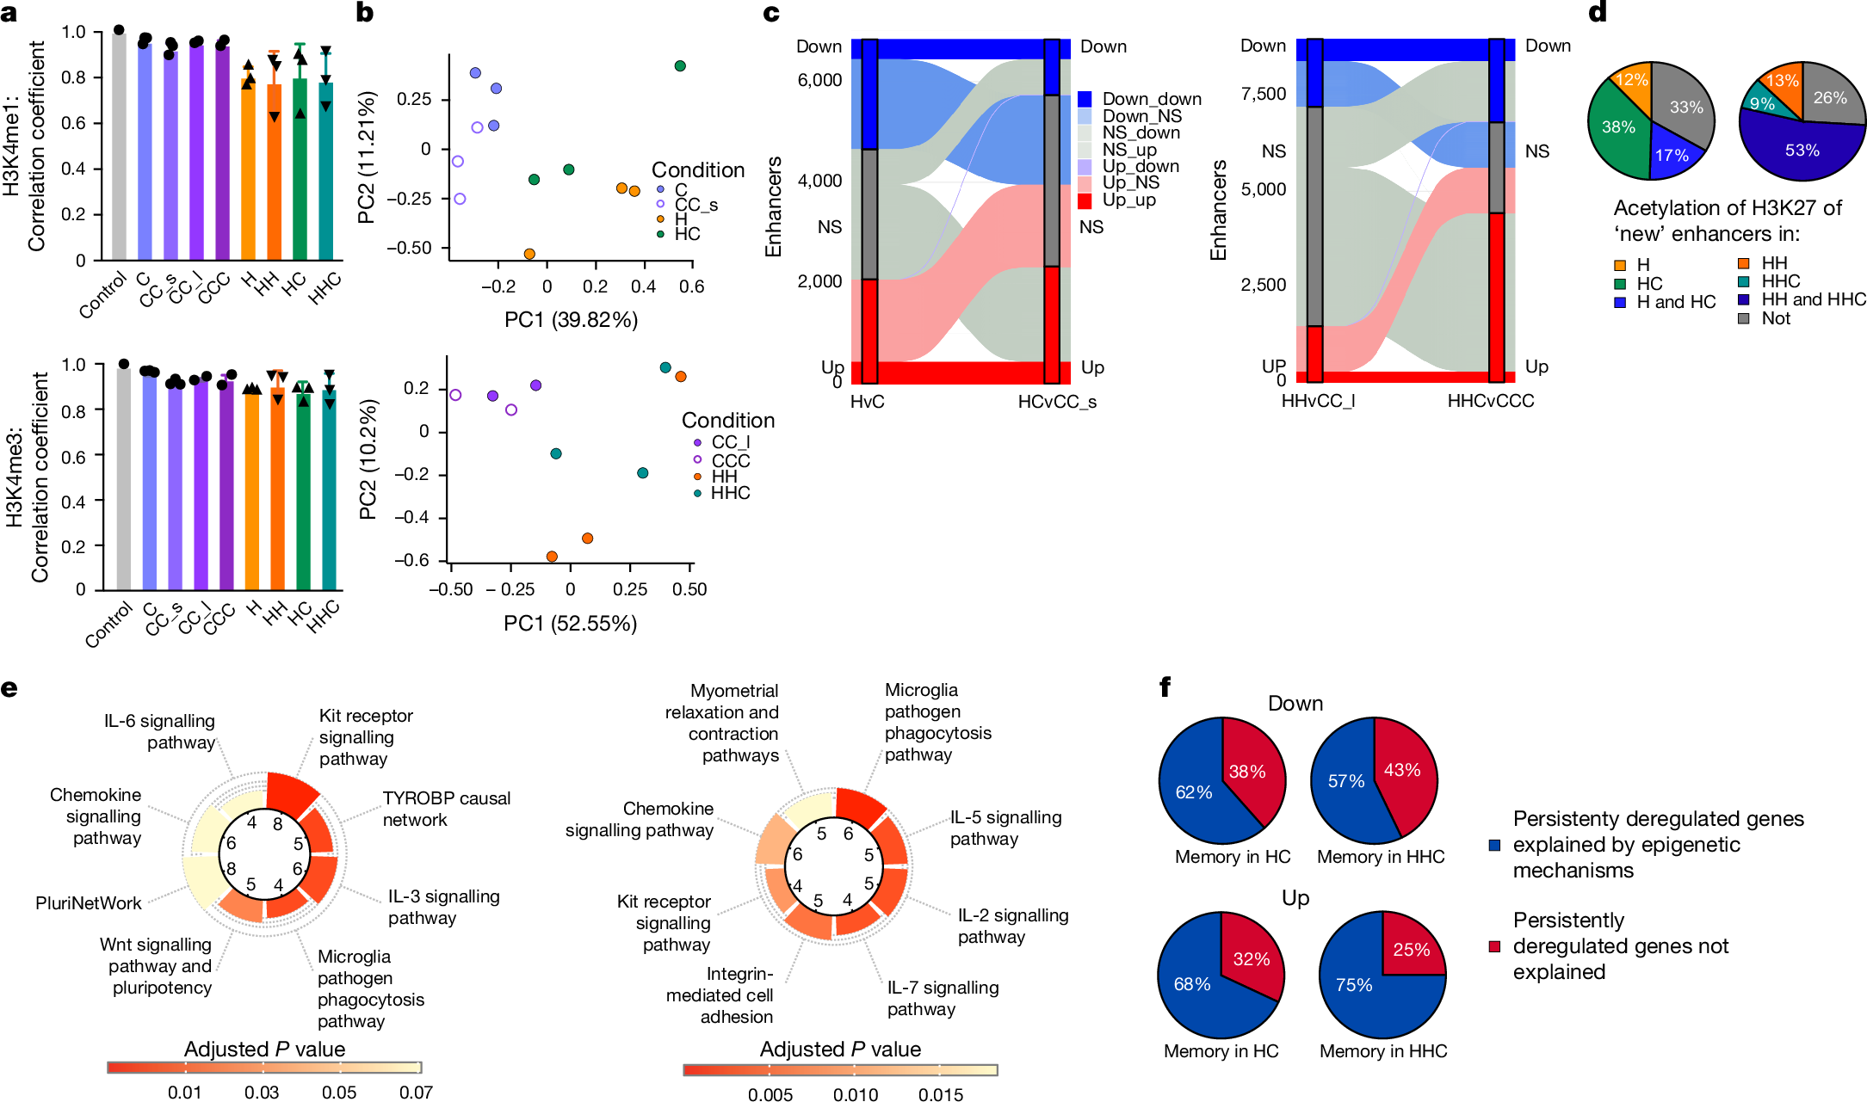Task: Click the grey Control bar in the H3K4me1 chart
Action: click(x=119, y=146)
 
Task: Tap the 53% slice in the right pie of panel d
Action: click(x=1801, y=151)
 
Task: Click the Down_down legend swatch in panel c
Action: click(x=1085, y=99)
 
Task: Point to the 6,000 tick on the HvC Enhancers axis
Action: click(x=819, y=80)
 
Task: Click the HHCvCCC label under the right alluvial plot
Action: click(x=1490, y=401)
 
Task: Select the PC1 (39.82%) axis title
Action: click(x=571, y=320)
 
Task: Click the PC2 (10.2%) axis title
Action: click(x=368, y=459)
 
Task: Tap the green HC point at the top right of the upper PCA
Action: click(x=680, y=66)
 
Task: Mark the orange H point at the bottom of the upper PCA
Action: click(x=529, y=254)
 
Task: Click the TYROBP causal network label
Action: click(x=446, y=809)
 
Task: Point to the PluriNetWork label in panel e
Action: click(x=88, y=903)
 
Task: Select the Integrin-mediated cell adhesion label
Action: click(x=720, y=995)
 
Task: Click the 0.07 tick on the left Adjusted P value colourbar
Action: click(x=416, y=1093)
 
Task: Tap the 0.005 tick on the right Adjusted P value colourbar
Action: click(x=770, y=1094)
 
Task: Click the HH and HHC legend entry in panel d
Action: click(x=1813, y=299)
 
